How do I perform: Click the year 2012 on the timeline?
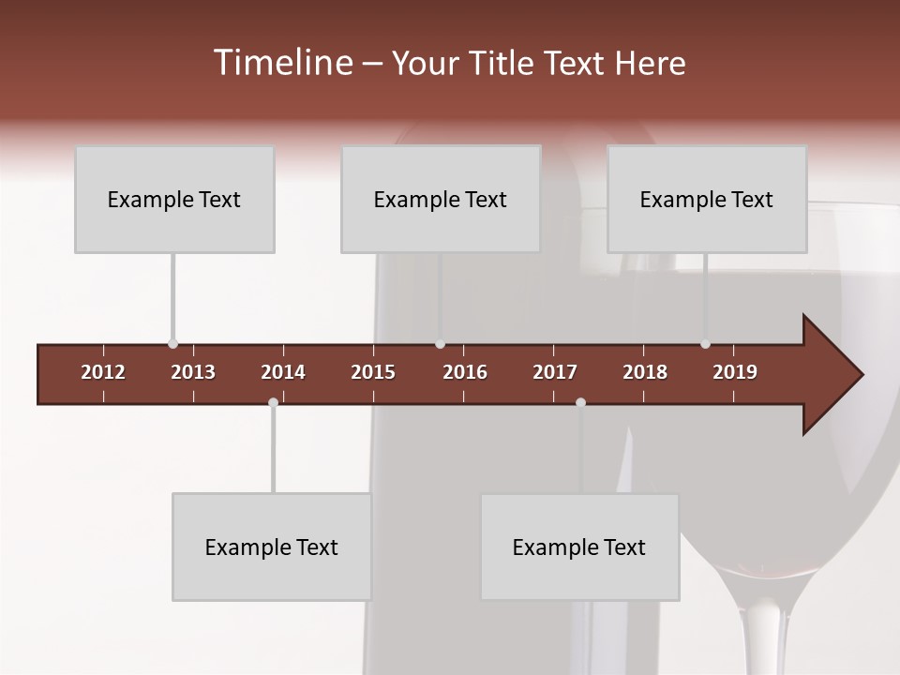point(103,372)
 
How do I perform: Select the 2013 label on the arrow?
point(193,372)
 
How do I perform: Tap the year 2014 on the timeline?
point(283,372)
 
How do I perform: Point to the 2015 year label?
point(373,372)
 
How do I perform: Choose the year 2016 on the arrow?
point(465,372)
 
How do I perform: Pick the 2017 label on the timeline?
point(555,372)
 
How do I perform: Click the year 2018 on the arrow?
point(645,372)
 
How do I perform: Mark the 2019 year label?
point(735,372)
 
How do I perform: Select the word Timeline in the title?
point(281,63)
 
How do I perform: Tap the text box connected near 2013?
point(174,200)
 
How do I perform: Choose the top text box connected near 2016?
point(441,200)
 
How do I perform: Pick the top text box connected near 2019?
point(707,200)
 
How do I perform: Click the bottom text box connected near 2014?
point(272,547)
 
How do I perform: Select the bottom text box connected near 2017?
point(579,547)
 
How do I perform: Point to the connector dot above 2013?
point(172,344)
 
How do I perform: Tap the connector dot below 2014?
point(273,402)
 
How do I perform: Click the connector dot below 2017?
point(580,402)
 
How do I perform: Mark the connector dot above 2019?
point(705,344)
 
